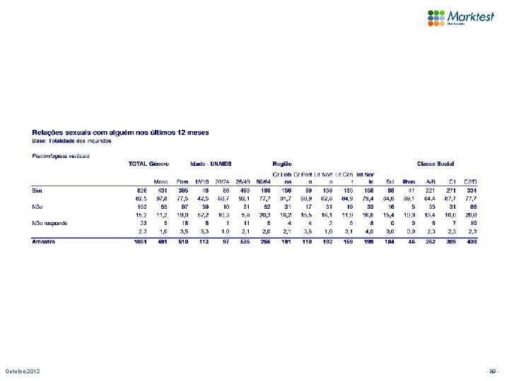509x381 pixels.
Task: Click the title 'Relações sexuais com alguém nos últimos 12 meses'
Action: pyautogui.click(x=120, y=132)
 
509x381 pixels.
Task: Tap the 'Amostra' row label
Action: pyautogui.click(x=45, y=241)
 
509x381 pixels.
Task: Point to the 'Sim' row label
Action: pyautogui.click(x=36, y=190)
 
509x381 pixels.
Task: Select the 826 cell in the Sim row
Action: pyautogui.click(x=141, y=190)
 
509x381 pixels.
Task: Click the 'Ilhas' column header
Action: pyautogui.click(x=409, y=181)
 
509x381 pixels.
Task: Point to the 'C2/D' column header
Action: pyautogui.click(x=471, y=181)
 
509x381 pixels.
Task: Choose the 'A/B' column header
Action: pyautogui.click(x=431, y=181)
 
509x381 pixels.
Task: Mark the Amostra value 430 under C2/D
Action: pyautogui.click(x=472, y=241)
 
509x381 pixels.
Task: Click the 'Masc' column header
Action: pyautogui.click(x=162, y=181)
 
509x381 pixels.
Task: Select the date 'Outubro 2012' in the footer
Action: pyautogui.click(x=23, y=371)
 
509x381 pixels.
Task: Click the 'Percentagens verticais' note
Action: pyautogui.click(x=61, y=155)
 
